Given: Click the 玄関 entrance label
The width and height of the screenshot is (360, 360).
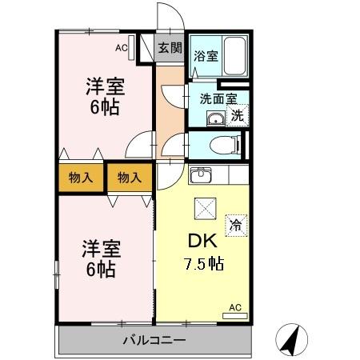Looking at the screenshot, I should [x=169, y=47].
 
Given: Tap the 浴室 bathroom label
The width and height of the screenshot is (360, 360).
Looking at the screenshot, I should [x=206, y=56].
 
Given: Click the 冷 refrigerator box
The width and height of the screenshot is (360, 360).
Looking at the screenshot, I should [x=235, y=224].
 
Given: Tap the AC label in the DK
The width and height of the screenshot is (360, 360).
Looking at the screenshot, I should [x=235, y=306].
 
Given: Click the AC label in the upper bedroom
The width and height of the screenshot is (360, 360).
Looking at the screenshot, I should [x=121, y=48].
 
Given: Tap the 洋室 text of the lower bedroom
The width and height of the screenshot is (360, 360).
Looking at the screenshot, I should [x=102, y=248].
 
